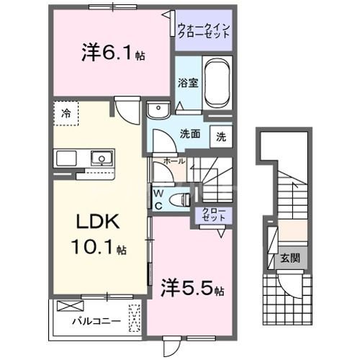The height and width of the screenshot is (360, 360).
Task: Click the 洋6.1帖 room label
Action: click(112, 55)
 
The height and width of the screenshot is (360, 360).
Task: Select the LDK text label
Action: click(93, 222)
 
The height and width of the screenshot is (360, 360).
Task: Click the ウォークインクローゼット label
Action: click(204, 31)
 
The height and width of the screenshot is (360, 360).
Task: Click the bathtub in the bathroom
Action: click(217, 82)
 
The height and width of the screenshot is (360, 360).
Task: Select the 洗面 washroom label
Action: click(190, 133)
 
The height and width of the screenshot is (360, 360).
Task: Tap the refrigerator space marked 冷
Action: click(66, 114)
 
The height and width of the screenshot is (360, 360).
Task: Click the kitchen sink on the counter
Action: click(99, 158)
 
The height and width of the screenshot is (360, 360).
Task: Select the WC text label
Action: click(158, 198)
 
